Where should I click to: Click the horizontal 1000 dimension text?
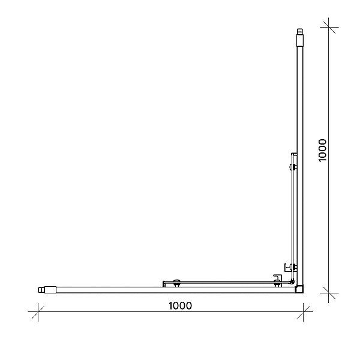[x=180, y=306]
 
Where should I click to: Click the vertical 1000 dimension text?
[x=323, y=151]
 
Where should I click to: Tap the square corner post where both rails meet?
[x=299, y=289]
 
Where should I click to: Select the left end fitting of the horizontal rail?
[x=47, y=290]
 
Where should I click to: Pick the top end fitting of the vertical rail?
[x=300, y=37]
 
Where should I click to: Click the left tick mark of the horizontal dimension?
[x=38, y=312]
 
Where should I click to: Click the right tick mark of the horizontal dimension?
[x=303, y=312]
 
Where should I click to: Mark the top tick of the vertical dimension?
[x=329, y=27]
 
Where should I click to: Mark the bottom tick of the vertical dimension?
[x=329, y=293]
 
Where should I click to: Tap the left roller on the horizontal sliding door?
[x=176, y=283]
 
